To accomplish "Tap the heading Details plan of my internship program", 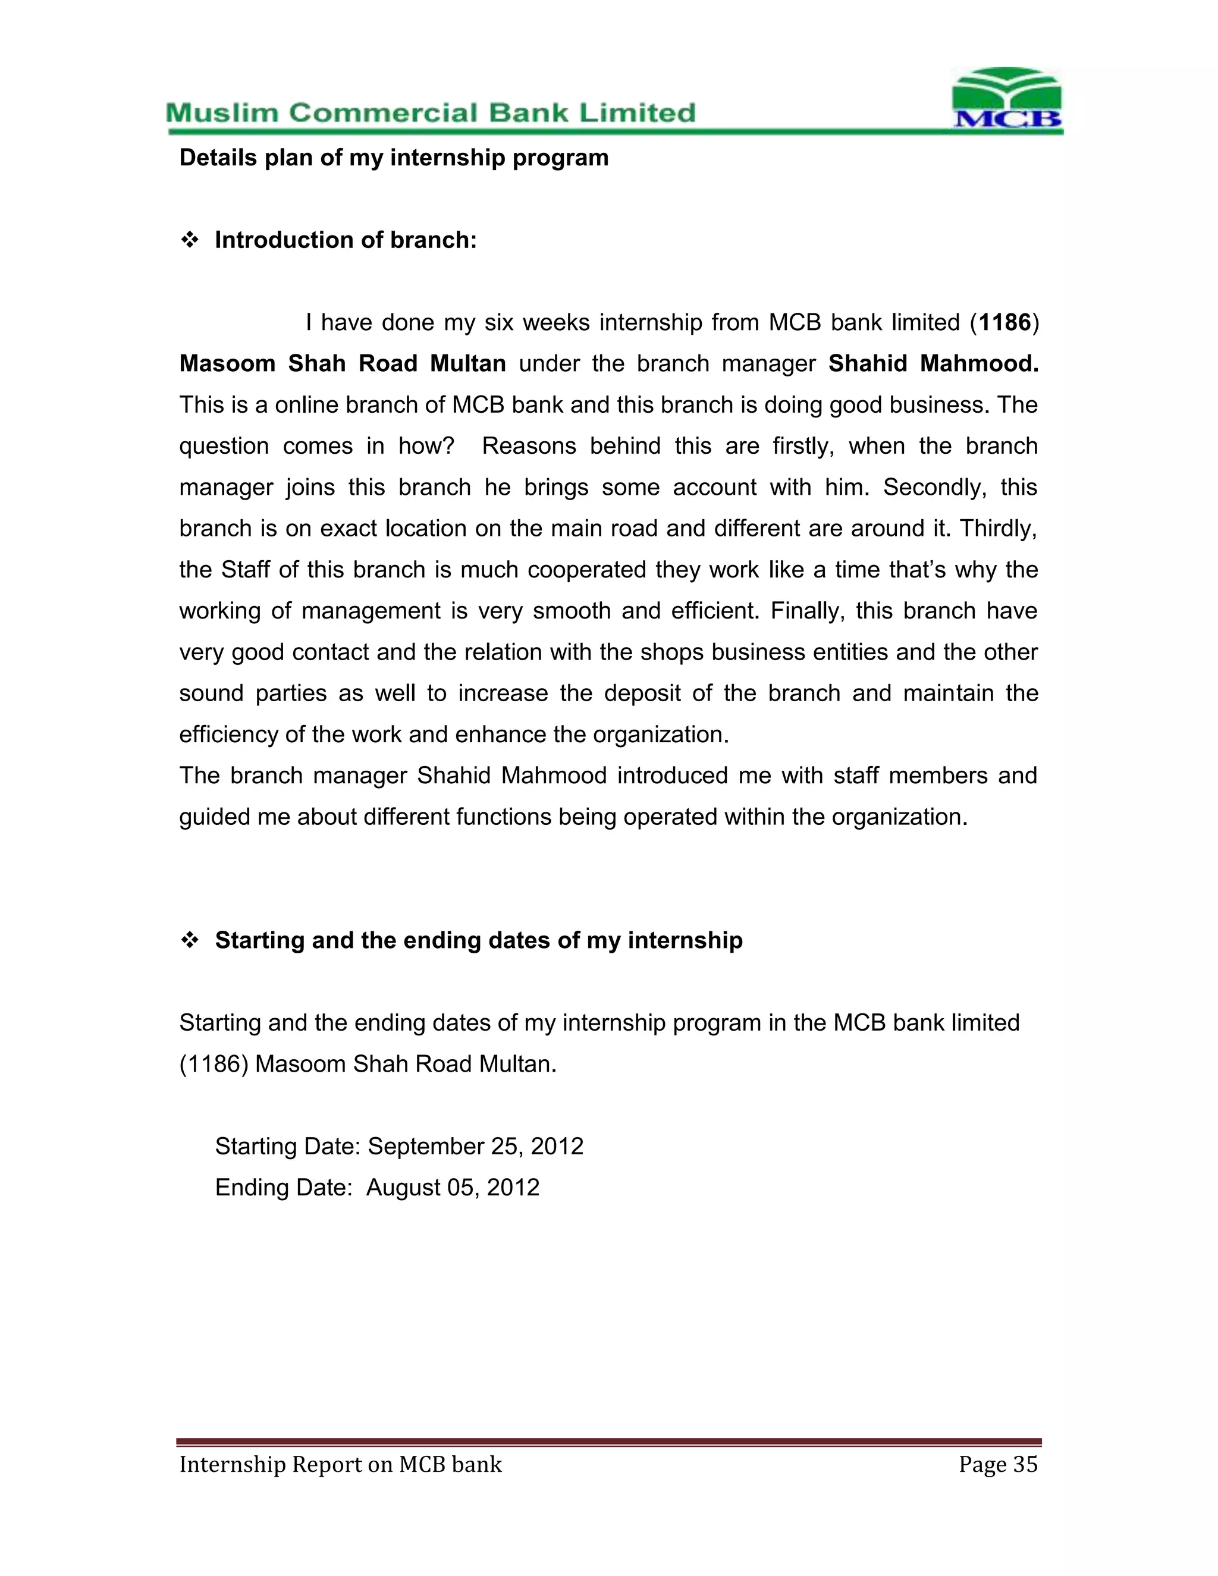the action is click(393, 158).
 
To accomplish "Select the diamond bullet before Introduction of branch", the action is click(189, 240).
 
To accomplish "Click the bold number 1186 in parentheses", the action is click(1004, 322).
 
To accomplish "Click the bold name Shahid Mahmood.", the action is click(933, 364).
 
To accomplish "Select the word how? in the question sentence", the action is click(426, 447).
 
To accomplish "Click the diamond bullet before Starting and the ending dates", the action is click(189, 941).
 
